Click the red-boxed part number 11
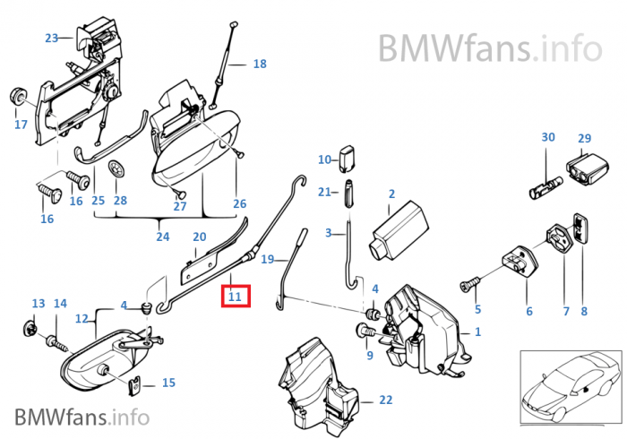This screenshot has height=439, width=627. click(236, 296)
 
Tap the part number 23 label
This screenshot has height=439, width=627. click(51, 38)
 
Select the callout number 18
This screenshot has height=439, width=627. click(260, 65)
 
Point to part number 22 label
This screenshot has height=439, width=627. click(385, 399)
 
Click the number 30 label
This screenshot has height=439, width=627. click(548, 137)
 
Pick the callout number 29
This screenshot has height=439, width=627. click(585, 138)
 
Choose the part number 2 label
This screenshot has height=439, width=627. click(391, 194)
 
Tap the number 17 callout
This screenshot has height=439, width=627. click(21, 125)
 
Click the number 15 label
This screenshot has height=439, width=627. click(168, 383)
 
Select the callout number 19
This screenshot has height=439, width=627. click(267, 260)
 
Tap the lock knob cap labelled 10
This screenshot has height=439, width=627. click(349, 159)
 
